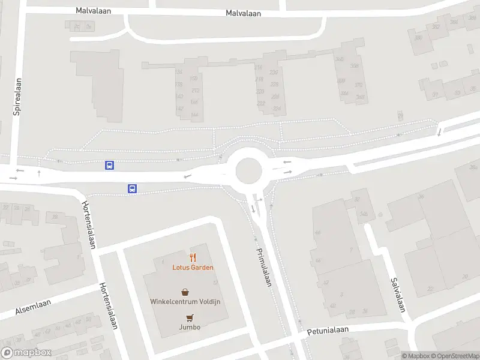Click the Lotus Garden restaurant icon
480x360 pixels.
coord(193,257)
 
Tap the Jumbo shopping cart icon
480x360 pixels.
coord(190,317)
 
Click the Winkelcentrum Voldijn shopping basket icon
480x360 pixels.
coord(185,292)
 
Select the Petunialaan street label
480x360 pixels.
coord(328,331)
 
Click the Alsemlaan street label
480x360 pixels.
coord(16,310)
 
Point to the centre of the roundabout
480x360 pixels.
coord(248,171)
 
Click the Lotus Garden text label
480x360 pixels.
coord(193,268)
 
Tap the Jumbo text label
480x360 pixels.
coord(190,327)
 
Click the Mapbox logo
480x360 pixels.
coord(26,353)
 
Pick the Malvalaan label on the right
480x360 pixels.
coord(243,13)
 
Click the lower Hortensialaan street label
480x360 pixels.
coord(108,306)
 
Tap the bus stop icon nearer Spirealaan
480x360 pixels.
coord(109,165)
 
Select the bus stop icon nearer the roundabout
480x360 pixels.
coord(132,188)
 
